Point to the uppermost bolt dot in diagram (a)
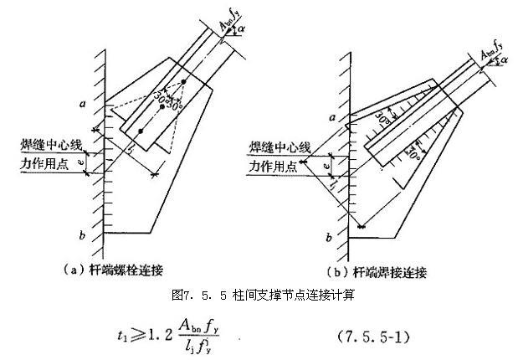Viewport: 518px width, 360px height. click(x=183, y=82)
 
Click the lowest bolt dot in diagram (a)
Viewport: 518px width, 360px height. click(x=140, y=132)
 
